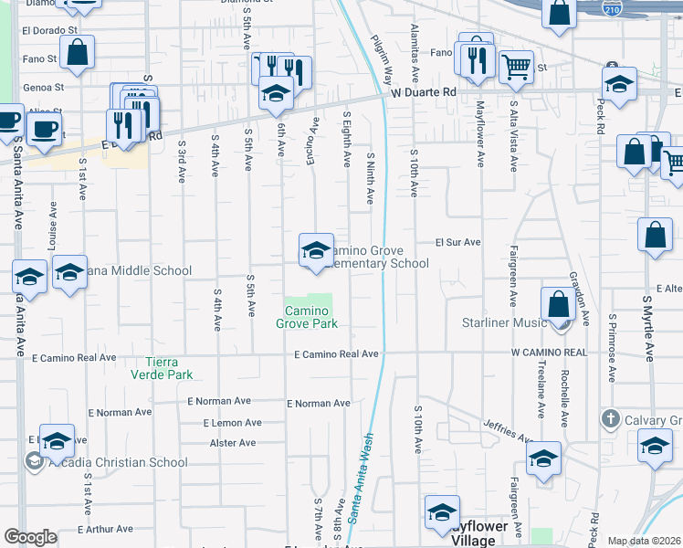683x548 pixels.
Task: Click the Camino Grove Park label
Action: pyautogui.click(x=308, y=317)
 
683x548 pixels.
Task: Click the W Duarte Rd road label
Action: pyautogui.click(x=423, y=92)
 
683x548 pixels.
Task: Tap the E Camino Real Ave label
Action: pyautogui.click(x=336, y=354)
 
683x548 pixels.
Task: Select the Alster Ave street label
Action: pyautogui.click(x=233, y=443)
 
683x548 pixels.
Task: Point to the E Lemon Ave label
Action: pyautogui.click(x=225, y=423)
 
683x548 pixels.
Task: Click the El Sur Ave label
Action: pyautogui.click(x=457, y=242)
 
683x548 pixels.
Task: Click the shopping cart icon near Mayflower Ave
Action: pyautogui.click(x=516, y=67)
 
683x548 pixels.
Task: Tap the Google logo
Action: pyautogui.click(x=30, y=537)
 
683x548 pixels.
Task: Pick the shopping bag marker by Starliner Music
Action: pyautogui.click(x=558, y=304)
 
